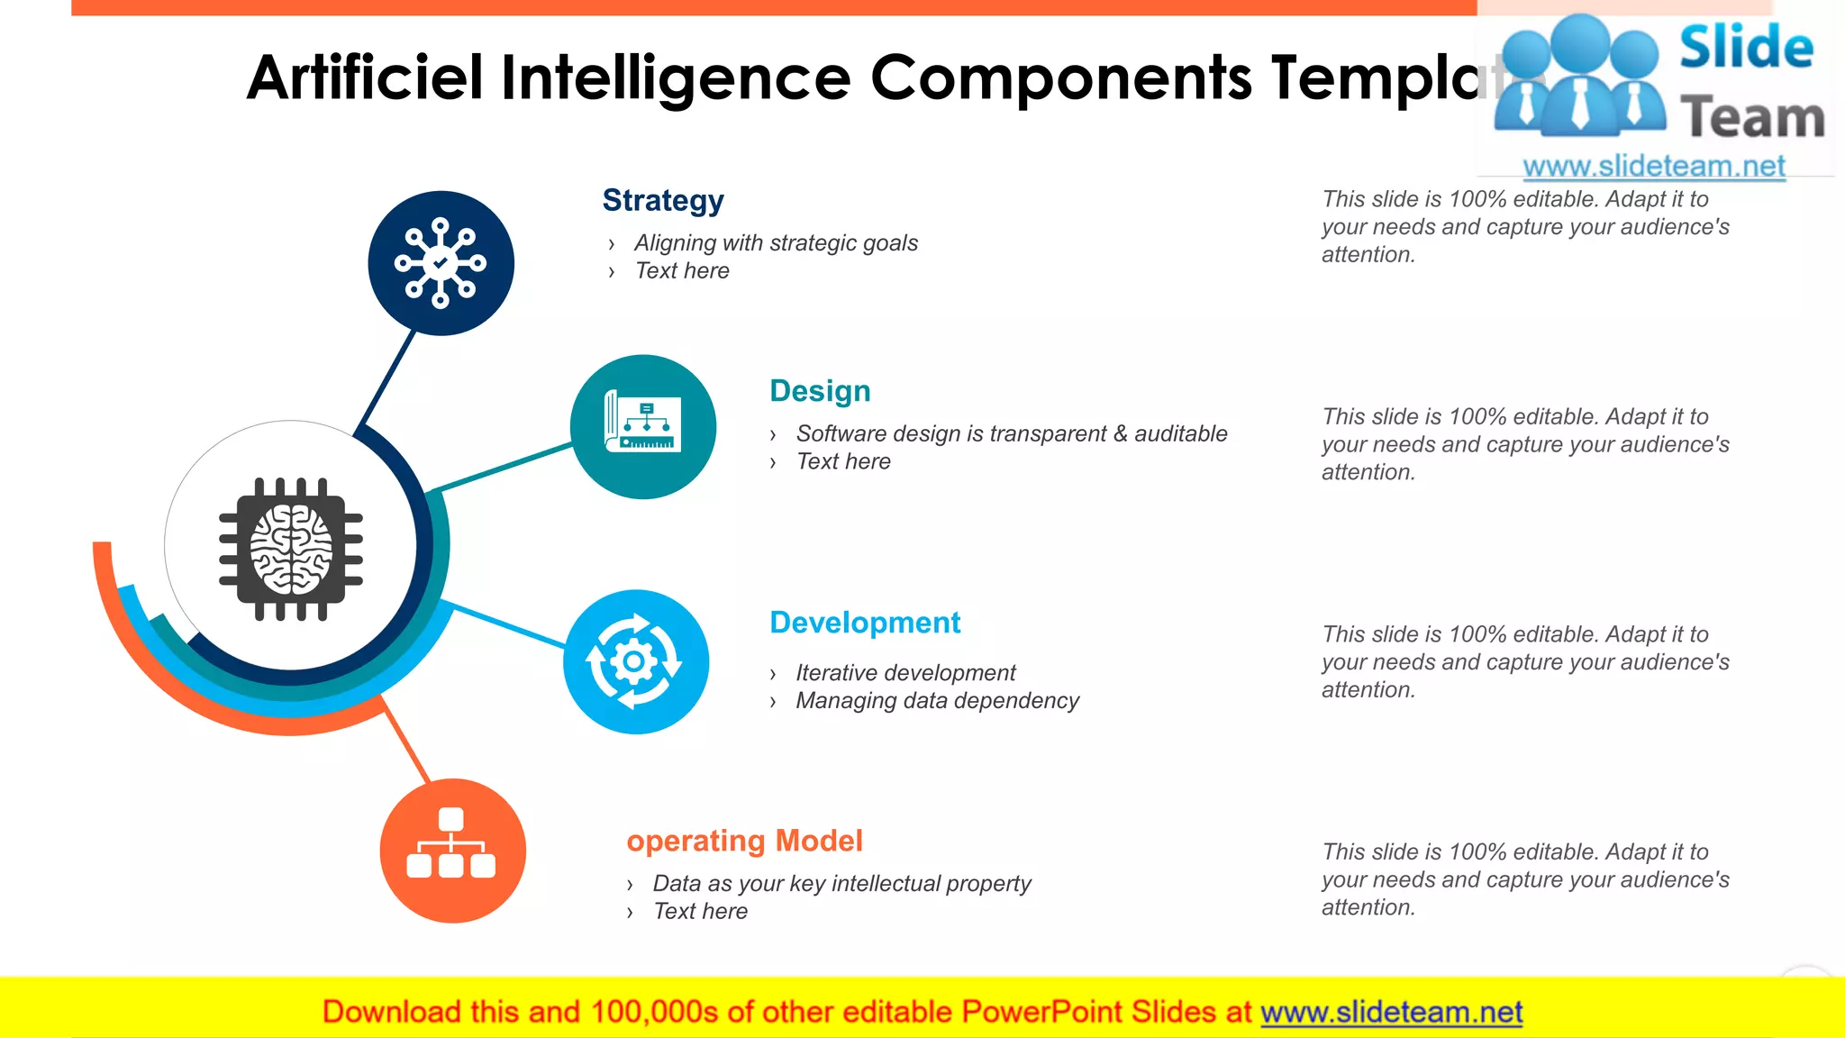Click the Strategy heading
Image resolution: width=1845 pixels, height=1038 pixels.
tap(663, 200)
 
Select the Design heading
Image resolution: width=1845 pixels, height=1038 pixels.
tap(820, 391)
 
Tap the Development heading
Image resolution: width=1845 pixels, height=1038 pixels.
tap(865, 623)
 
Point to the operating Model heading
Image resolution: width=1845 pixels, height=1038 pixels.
tap(744, 841)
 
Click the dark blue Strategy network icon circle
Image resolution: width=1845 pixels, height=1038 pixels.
tap(441, 263)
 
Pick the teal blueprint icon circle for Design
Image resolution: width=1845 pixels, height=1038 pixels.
tap(643, 427)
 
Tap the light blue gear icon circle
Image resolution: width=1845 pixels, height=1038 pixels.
tap(636, 662)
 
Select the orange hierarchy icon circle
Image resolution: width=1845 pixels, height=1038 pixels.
tap(452, 851)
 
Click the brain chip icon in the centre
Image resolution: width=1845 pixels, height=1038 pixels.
tap(290, 548)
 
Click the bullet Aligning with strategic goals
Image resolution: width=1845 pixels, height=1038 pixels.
tap(776, 243)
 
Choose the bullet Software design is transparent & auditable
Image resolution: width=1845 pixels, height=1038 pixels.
tap(1011, 434)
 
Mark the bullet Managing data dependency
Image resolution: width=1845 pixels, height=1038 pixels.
tap(937, 701)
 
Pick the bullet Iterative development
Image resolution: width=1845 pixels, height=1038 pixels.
tap(905, 673)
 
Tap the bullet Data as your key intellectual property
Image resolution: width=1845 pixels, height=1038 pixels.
tap(841, 884)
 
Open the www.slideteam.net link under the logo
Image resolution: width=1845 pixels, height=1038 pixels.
tap(1654, 167)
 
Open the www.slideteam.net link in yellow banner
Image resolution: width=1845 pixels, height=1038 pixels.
tap(1391, 1013)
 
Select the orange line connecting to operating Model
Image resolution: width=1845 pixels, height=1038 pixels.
tap(406, 741)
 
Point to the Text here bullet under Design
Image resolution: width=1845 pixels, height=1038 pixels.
tap(843, 462)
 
